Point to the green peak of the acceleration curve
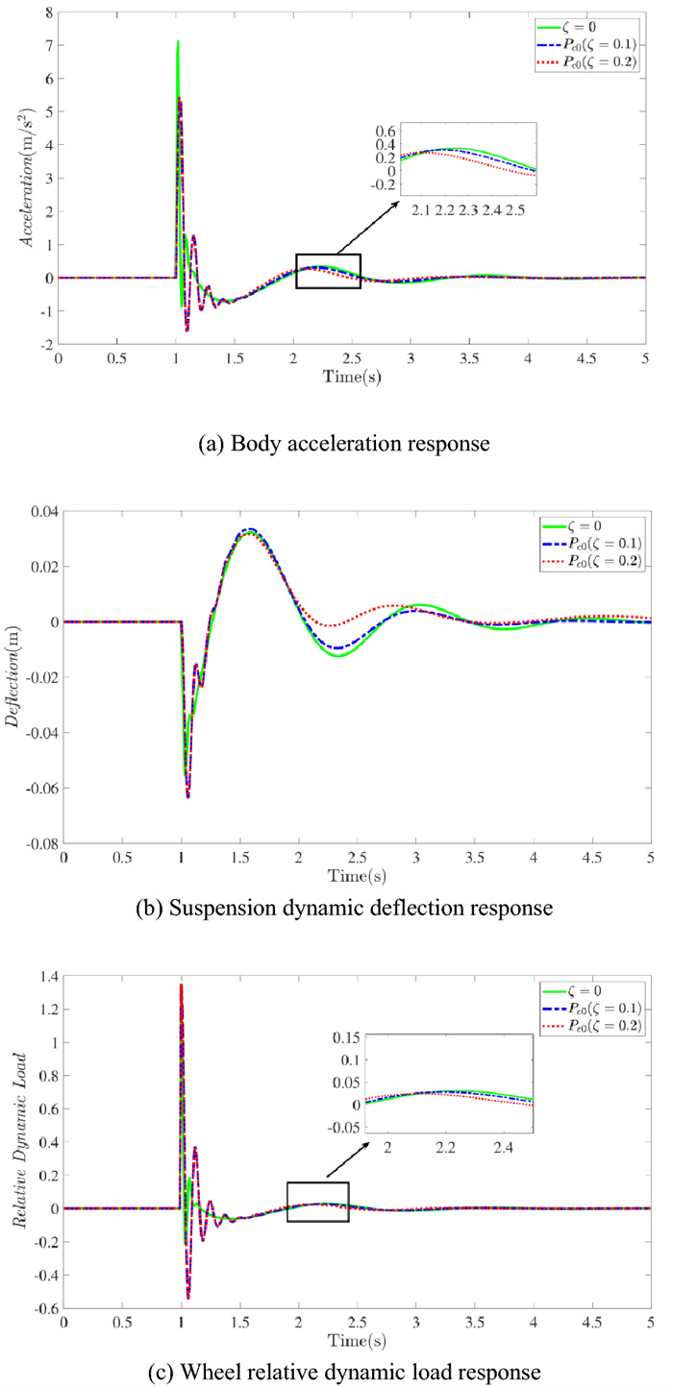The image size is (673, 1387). point(178,43)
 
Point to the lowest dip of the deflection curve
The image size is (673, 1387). point(188,796)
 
